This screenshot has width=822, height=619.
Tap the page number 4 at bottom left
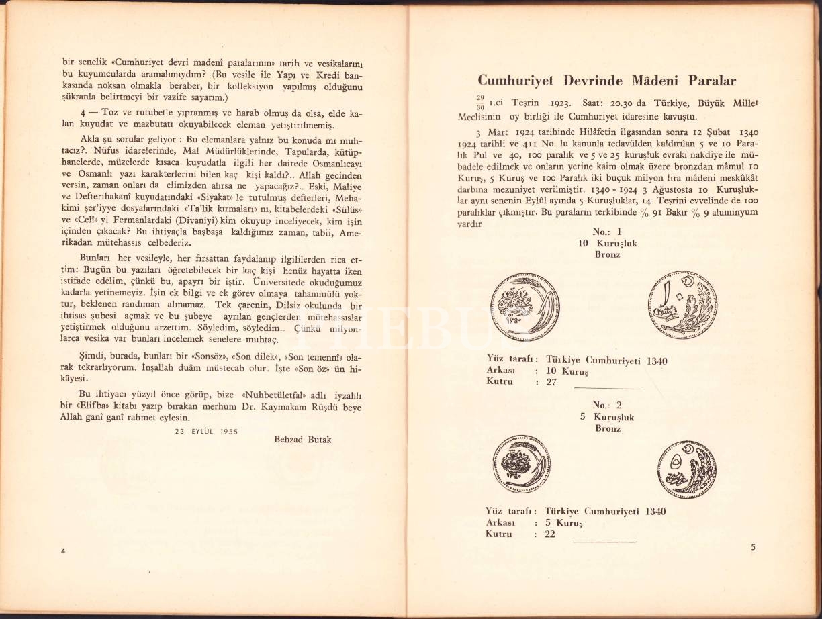click(62, 551)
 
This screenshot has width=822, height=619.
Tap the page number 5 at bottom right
click(753, 547)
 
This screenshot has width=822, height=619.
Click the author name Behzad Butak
click(303, 440)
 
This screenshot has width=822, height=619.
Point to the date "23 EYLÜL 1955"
click(206, 431)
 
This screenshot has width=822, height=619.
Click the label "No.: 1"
click(608, 232)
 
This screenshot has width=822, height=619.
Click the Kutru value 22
click(549, 534)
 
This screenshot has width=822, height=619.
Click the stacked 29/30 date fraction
click(481, 101)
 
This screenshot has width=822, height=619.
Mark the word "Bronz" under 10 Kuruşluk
click(607, 255)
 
